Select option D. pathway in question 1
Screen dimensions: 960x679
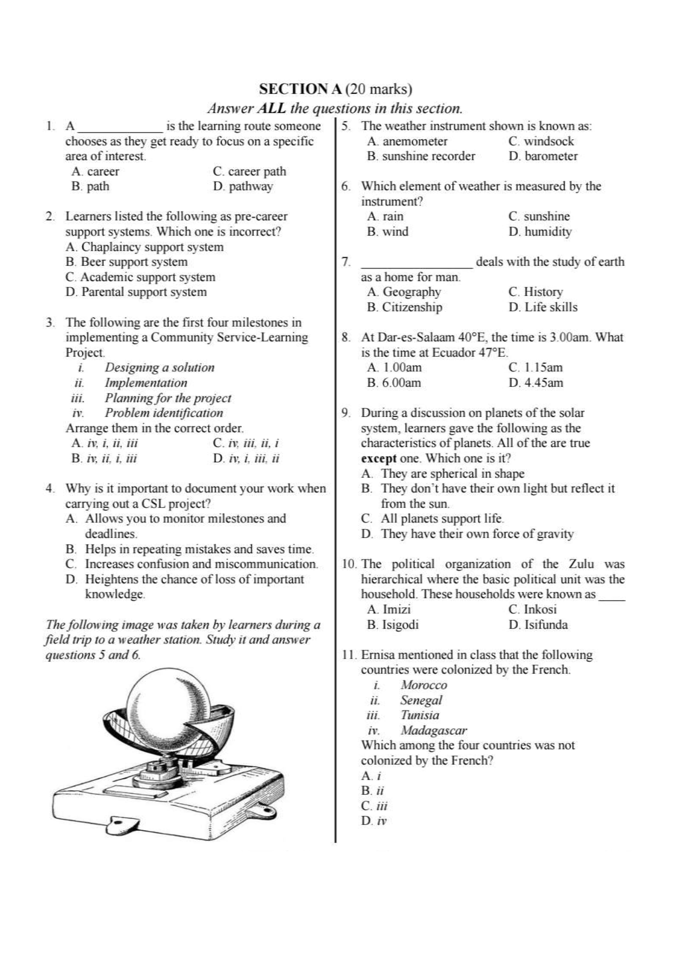(243, 186)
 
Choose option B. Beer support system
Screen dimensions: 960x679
(126, 262)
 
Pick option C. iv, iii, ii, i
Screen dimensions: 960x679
(246, 443)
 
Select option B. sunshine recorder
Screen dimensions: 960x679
(421, 156)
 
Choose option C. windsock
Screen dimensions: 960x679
(541, 141)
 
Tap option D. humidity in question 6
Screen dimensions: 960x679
(540, 232)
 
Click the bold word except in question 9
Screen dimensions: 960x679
(378, 459)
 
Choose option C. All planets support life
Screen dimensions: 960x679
(432, 519)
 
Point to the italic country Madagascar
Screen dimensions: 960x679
(433, 731)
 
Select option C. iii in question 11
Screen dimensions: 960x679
(374, 806)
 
